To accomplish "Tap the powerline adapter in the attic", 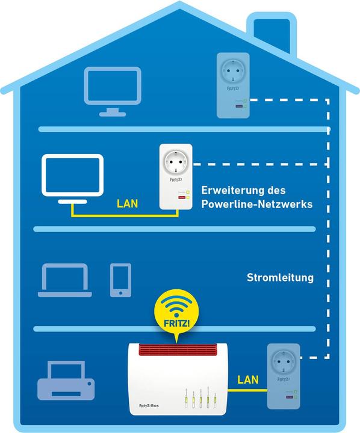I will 232,85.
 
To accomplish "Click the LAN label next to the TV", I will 127,204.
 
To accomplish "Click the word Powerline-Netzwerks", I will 257,204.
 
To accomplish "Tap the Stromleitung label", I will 281,278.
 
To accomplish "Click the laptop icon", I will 64,280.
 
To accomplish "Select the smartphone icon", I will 120,280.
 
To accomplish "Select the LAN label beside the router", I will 248,379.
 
